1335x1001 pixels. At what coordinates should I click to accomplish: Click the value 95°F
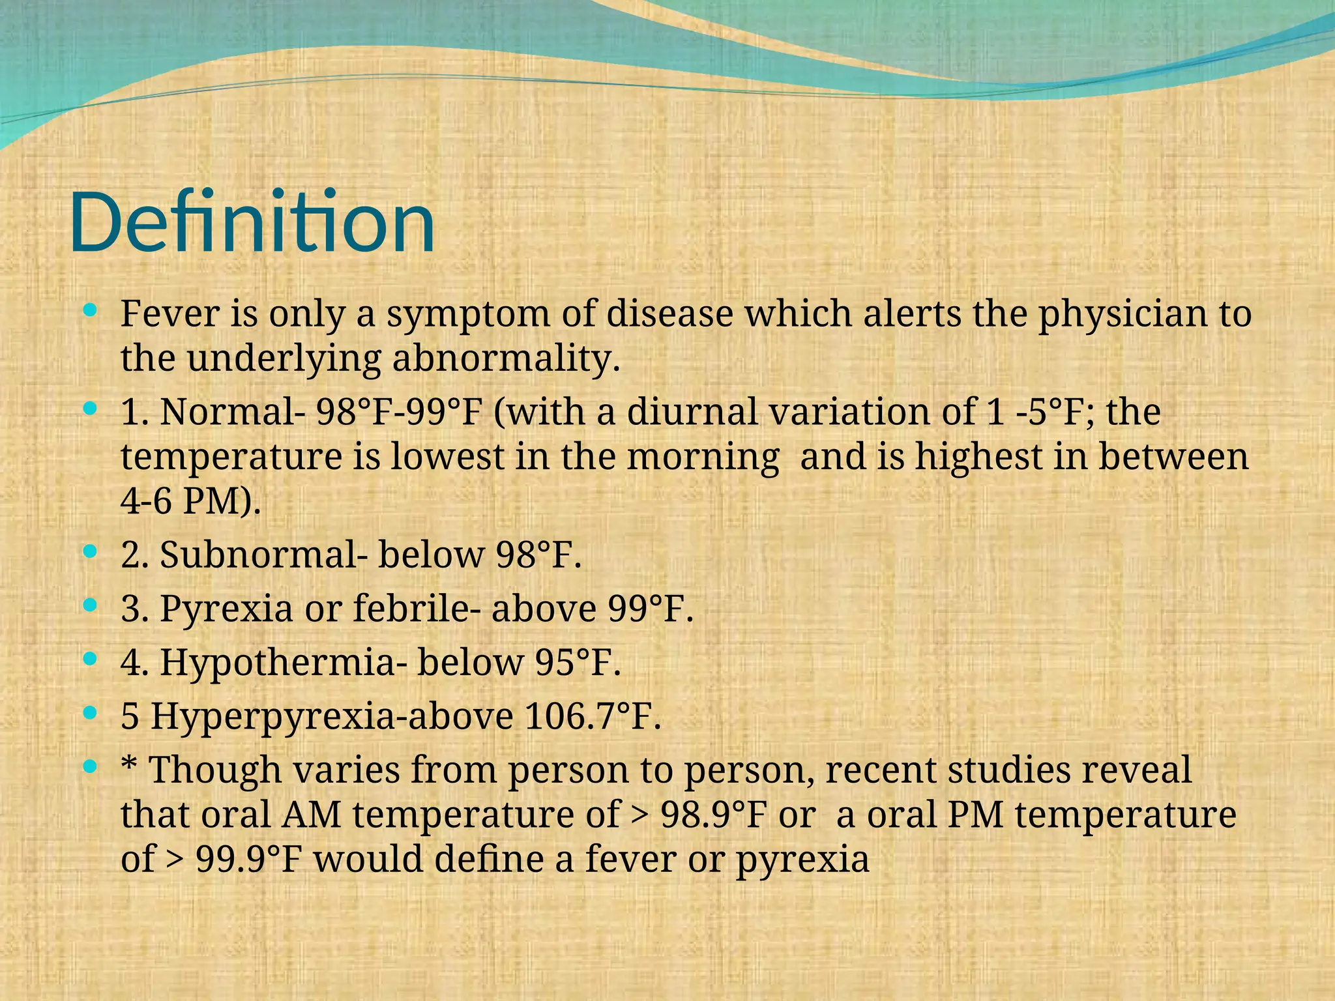pyautogui.click(x=577, y=662)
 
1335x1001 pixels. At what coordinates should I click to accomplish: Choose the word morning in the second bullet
pyautogui.click(x=703, y=457)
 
